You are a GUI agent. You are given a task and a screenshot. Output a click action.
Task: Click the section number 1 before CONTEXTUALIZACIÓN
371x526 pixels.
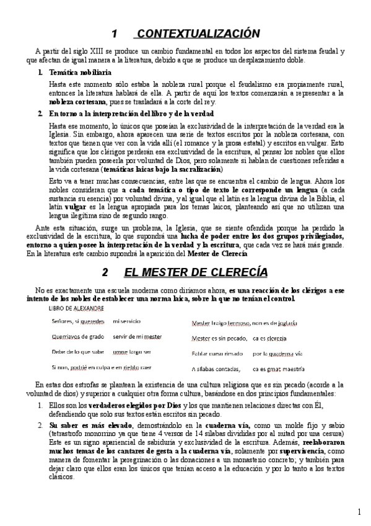point(114,33)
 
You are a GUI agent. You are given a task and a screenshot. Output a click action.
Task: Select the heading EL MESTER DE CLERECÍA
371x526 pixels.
point(196,272)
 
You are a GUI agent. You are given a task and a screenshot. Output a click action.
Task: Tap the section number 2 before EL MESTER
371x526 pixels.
point(105,273)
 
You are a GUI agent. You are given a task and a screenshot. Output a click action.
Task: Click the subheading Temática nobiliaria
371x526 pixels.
point(80,73)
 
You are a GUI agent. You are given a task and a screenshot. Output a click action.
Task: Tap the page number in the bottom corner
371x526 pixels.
point(360,511)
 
